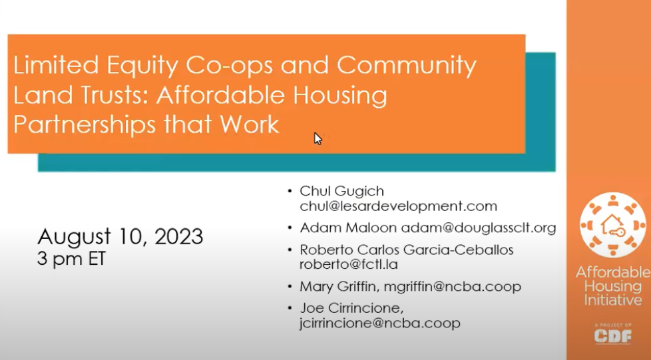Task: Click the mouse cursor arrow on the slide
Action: click(318, 138)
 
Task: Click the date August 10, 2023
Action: click(120, 237)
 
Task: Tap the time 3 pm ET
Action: click(71, 259)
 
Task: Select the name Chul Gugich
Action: click(341, 192)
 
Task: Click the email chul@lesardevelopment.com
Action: click(398, 206)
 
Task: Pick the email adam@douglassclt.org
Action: click(478, 228)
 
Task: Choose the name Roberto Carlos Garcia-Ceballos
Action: click(407, 250)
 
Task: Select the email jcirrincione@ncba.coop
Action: click(379, 323)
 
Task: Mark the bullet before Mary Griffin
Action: click(290, 287)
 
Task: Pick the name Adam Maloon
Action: click(347, 228)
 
